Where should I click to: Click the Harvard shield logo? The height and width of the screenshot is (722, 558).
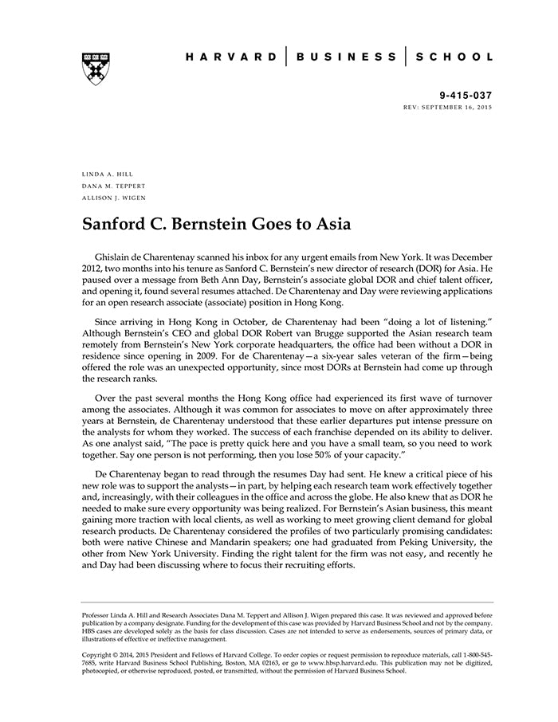95,69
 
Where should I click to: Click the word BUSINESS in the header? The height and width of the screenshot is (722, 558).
346,57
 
